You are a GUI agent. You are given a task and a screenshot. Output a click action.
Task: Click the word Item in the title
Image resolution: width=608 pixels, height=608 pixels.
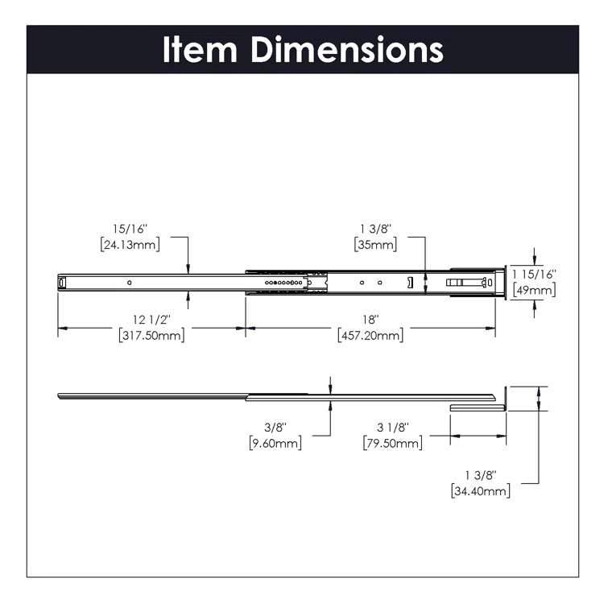(x=202, y=49)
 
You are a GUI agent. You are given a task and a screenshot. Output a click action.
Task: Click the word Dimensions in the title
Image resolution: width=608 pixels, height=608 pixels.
(x=347, y=49)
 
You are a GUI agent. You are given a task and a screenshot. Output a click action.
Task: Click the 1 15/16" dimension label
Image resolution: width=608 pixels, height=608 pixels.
(x=534, y=275)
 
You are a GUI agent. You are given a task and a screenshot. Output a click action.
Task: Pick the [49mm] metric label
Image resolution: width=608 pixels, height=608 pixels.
(x=534, y=290)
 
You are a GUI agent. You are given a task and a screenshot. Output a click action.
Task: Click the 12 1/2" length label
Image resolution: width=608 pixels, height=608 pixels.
(x=151, y=320)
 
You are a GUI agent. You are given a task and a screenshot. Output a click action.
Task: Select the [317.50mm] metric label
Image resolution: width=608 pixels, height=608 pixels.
(x=151, y=335)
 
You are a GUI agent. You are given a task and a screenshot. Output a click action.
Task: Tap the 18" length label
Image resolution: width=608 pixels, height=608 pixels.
(x=370, y=320)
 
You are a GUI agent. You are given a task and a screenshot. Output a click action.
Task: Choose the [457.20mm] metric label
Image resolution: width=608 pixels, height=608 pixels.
(x=370, y=335)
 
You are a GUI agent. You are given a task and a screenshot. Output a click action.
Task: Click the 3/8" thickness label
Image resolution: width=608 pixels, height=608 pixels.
(x=275, y=428)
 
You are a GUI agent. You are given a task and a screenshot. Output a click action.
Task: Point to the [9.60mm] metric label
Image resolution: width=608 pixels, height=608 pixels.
(x=275, y=443)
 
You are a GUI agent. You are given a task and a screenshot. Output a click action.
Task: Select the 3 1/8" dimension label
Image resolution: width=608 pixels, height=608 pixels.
(x=392, y=428)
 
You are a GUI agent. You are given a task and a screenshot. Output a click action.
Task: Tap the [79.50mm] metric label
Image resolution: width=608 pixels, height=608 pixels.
(x=392, y=443)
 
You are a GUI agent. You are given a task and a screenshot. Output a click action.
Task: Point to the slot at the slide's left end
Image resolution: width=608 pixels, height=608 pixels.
(x=62, y=282)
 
